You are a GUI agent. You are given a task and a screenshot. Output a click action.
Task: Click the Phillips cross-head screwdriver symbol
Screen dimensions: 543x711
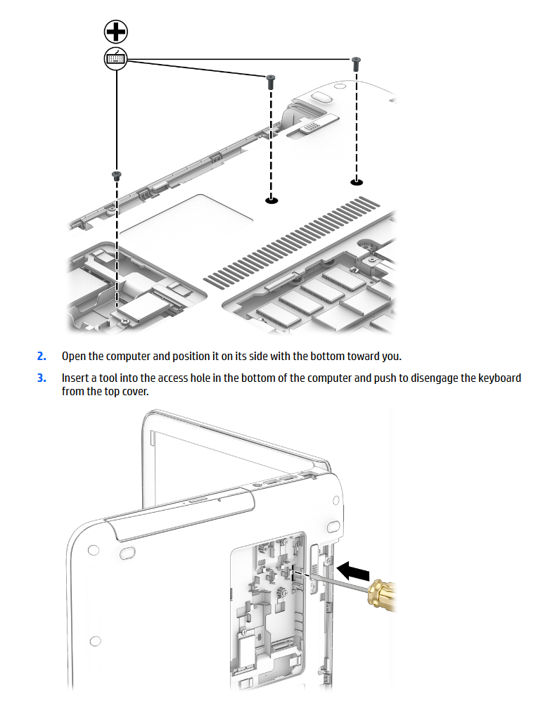tap(115, 32)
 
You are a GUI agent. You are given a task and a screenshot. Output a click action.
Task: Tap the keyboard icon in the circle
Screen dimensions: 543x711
tap(115, 58)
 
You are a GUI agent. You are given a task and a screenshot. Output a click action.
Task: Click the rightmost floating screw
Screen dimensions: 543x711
tap(357, 63)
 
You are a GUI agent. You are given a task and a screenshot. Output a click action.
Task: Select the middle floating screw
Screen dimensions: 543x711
tap(271, 82)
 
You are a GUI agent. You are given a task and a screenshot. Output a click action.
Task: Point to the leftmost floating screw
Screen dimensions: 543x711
tap(117, 176)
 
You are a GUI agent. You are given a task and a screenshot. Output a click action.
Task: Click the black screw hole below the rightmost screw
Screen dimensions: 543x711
tap(357, 182)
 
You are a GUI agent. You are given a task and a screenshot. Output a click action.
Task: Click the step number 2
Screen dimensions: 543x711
tap(41, 357)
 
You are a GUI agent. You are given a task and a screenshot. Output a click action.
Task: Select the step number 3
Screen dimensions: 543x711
tap(41, 378)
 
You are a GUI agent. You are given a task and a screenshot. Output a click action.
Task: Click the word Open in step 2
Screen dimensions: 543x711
tap(74, 357)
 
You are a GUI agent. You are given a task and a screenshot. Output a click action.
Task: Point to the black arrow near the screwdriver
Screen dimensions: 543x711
tap(353, 570)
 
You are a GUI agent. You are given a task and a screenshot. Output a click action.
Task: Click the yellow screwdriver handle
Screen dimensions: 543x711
tap(382, 594)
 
